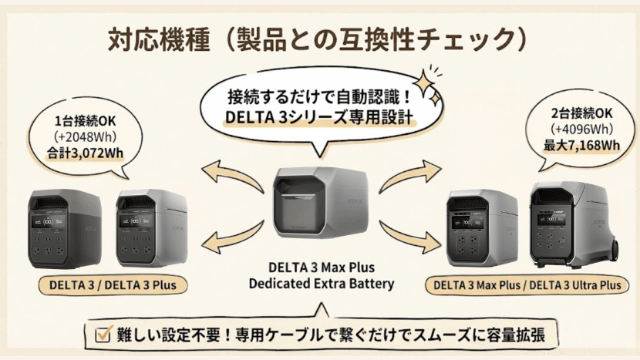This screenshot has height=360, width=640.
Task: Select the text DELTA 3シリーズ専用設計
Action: tap(319, 119)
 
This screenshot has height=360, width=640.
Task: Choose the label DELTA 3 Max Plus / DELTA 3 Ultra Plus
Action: tap(527, 284)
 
